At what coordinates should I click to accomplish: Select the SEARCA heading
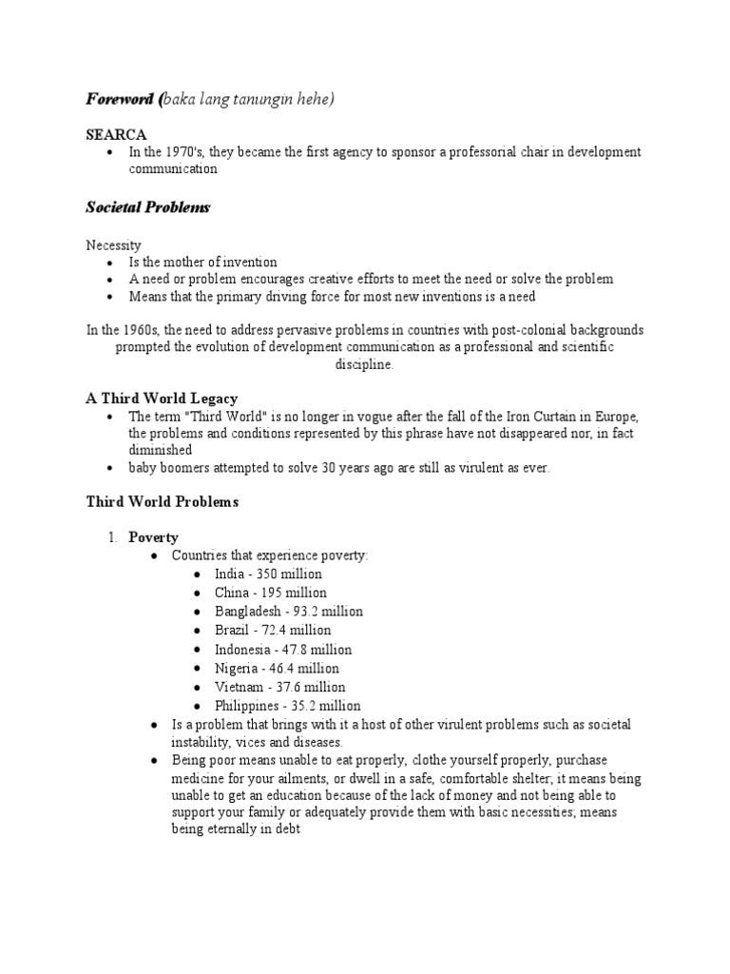click(x=116, y=134)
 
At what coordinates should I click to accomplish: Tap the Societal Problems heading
click(x=147, y=206)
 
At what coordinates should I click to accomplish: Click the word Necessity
click(x=114, y=244)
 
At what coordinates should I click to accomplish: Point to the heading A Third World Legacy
click(x=163, y=398)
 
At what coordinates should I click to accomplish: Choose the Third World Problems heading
click(x=163, y=501)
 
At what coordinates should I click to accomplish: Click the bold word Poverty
click(x=153, y=537)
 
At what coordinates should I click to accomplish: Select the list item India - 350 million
click(x=268, y=574)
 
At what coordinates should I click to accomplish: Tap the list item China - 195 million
click(x=269, y=593)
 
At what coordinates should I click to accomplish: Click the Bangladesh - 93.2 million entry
click(x=288, y=612)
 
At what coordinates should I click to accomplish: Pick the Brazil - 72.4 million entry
click(x=273, y=630)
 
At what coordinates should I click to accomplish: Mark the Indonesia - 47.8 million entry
click(x=282, y=649)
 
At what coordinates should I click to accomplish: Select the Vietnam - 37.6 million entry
click(x=279, y=687)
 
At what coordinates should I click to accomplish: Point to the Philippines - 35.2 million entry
click(x=287, y=706)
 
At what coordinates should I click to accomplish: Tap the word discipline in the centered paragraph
click(x=364, y=364)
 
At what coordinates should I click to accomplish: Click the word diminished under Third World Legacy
click(x=161, y=450)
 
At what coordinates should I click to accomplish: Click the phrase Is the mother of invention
click(x=203, y=262)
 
